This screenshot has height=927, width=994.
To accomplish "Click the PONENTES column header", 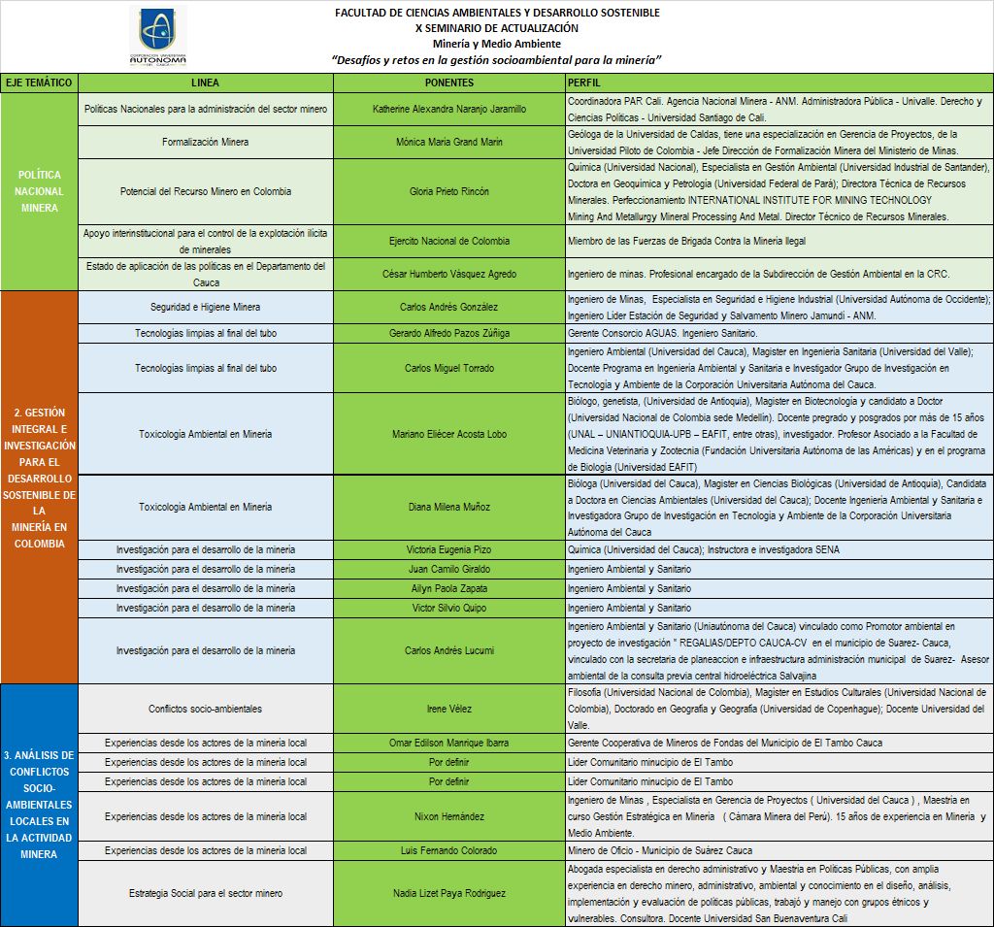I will [449, 83].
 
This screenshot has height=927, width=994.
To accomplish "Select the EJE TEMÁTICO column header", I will [39, 83].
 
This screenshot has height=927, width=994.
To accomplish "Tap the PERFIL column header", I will [589, 83].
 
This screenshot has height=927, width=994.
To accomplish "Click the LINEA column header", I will [206, 83].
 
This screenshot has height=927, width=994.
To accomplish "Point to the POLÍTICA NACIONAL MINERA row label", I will [40, 191].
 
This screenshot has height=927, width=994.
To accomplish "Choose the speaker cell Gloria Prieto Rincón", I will [449, 191].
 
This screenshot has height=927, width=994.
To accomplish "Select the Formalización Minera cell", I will [205, 142].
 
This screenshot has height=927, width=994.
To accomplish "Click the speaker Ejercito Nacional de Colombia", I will [449, 241].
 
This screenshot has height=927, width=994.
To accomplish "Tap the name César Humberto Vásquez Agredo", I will [449, 274].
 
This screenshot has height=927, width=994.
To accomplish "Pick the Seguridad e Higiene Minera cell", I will [205, 307].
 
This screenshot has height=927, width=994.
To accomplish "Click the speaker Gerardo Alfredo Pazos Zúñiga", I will [449, 333].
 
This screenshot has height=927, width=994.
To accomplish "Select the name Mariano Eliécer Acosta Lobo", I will [449, 434].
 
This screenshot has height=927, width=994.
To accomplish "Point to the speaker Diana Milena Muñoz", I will [449, 507].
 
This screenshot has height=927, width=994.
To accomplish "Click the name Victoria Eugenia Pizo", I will [449, 549].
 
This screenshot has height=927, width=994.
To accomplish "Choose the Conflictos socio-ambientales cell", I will [205, 709].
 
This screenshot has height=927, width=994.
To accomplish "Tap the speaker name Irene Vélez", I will [449, 709].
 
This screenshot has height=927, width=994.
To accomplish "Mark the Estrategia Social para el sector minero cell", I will [205, 893].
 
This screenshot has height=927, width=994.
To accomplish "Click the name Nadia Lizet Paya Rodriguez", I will [449, 893].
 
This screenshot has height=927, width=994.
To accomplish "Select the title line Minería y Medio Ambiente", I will [496, 44].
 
